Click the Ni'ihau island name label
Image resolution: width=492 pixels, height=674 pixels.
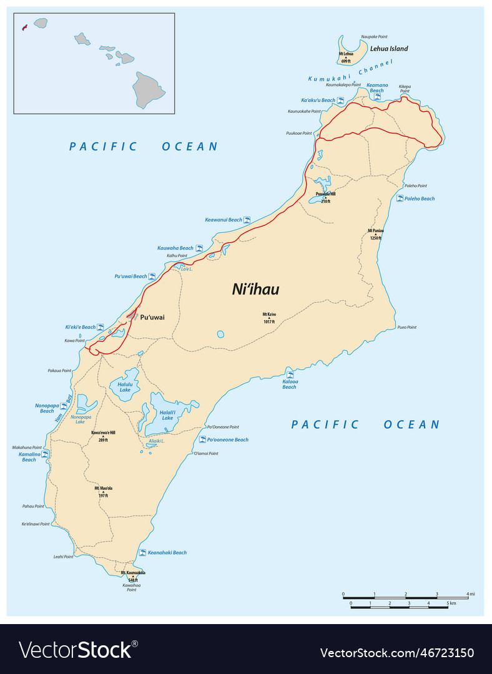click(x=255, y=290)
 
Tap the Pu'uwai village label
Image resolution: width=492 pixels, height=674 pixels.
click(x=152, y=317)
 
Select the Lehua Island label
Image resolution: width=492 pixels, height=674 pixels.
click(x=389, y=48)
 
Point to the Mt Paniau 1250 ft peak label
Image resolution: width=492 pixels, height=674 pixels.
click(x=375, y=234)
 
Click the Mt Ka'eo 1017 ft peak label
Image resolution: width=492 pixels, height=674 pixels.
click(x=269, y=318)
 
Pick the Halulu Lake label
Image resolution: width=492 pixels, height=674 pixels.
click(x=125, y=387)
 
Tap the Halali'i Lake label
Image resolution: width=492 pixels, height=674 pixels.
click(x=167, y=414)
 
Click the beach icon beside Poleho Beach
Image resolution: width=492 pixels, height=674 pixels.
click(x=400, y=198)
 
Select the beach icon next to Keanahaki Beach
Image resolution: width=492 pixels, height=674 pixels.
click(x=142, y=553)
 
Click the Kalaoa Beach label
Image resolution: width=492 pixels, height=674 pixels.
click(x=290, y=384)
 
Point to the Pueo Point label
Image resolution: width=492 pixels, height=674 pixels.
click(x=406, y=327)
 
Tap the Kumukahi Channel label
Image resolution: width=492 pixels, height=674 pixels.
click(x=350, y=71)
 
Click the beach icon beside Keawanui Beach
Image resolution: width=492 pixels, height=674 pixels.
click(x=247, y=220)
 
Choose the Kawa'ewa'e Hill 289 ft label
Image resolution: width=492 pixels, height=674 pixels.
click(x=103, y=436)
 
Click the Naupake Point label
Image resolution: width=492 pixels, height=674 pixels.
click(x=375, y=37)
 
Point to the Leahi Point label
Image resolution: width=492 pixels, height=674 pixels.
click(x=63, y=557)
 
